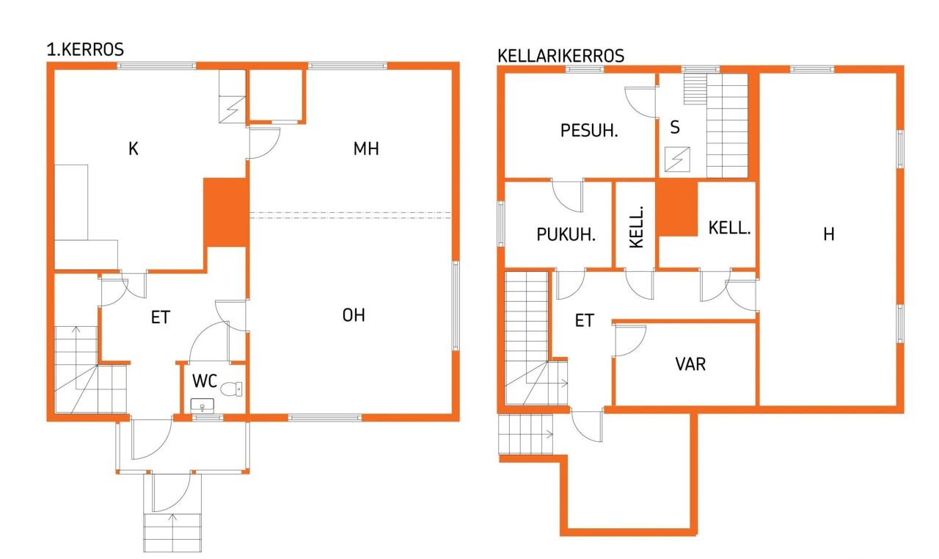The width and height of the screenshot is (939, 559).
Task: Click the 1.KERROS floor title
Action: pos(85,50)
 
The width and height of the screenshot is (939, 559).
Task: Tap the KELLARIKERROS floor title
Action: pos(560,56)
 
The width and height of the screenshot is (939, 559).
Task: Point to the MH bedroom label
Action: pos(366,149)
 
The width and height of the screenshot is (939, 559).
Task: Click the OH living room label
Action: pos(354,315)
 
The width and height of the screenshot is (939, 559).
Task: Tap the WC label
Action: pos(205,381)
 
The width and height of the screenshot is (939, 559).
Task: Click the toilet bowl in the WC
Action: pos(233,389)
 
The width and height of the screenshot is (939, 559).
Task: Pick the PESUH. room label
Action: pos(589,131)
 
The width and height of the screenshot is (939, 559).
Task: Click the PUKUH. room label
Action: pos(566,235)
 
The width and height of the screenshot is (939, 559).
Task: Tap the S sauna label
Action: pos(675,127)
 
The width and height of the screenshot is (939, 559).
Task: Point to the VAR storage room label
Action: pos(690,363)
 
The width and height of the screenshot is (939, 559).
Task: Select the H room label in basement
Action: pos(829,234)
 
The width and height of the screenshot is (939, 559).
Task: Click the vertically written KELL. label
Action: pos(637,227)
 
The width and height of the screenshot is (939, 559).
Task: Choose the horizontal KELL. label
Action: pos(729,228)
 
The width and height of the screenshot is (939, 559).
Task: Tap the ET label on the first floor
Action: pos(161,317)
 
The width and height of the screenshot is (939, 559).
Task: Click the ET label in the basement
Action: pos(584,320)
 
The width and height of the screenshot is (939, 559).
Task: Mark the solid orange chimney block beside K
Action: pos(224,212)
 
